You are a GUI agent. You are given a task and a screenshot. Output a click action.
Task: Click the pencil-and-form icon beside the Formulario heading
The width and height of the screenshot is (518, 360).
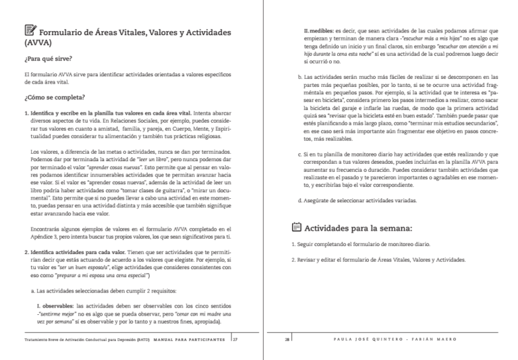tap(30, 30)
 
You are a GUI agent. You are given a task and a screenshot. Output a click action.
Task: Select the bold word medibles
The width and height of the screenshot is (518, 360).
tap(324, 30)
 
